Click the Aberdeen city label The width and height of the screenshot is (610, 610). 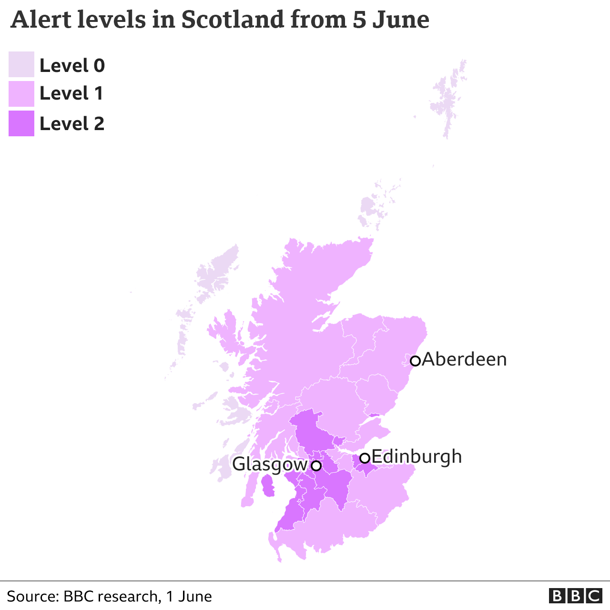464,359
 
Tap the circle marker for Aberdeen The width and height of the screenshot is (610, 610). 415,361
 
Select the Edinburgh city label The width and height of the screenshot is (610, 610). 417,457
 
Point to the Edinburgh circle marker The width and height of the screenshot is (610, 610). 365,458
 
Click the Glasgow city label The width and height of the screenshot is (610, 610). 270,464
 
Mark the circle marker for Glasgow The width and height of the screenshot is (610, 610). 316,466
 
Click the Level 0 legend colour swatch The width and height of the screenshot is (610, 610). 21,64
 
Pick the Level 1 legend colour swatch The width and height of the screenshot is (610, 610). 21,94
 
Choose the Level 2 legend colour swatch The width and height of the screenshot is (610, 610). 21,123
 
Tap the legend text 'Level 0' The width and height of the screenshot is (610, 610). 72,65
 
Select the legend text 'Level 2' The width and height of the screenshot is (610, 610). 72,124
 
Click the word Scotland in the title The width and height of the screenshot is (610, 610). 232,20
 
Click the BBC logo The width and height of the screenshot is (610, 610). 575,596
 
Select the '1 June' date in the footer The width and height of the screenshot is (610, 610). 189,596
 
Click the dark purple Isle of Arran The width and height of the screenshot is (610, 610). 268,486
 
